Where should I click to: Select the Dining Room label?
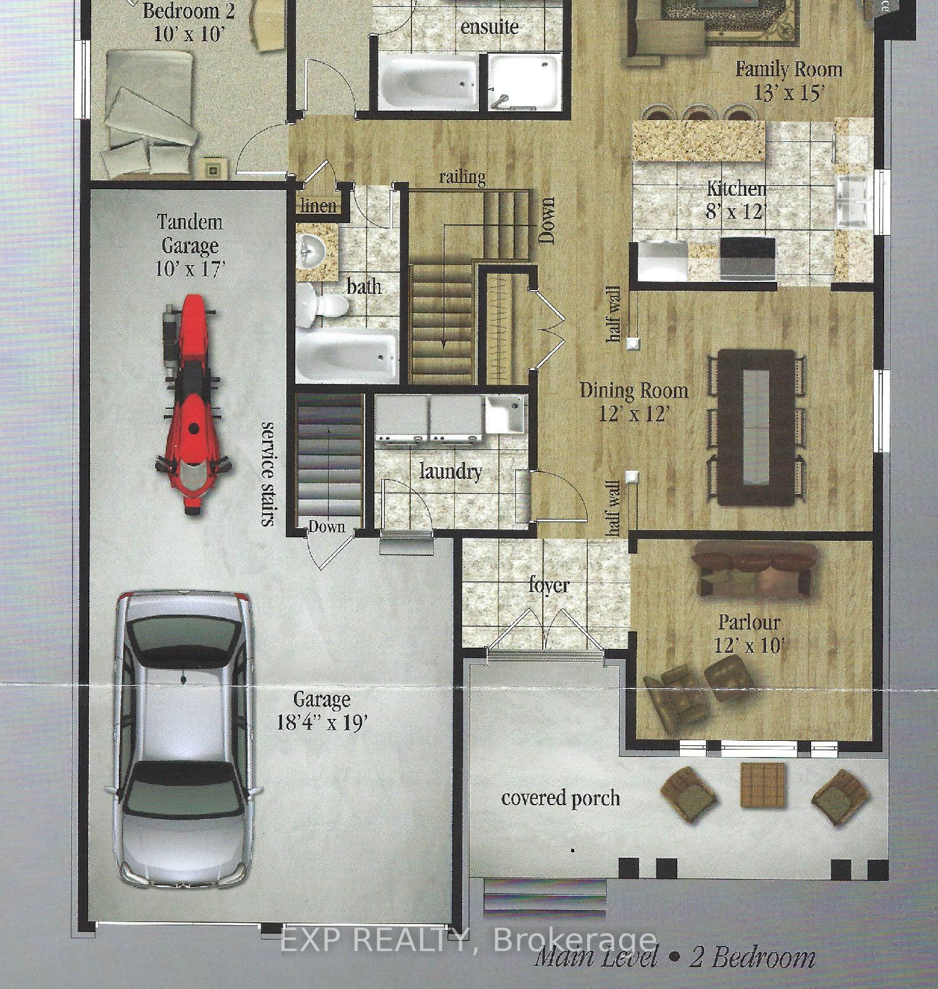[x=634, y=391]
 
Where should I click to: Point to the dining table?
[x=755, y=428]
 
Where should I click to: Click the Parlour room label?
[x=749, y=623]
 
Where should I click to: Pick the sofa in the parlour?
[x=755, y=570]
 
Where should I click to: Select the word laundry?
[x=450, y=471]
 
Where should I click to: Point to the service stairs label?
[x=268, y=473]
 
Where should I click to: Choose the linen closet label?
[x=318, y=206]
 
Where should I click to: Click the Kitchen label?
[x=736, y=189]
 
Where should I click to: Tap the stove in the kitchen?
[x=748, y=258]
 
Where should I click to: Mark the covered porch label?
[x=560, y=798]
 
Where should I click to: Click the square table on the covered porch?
[x=763, y=785]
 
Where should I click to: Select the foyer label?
[x=548, y=585]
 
